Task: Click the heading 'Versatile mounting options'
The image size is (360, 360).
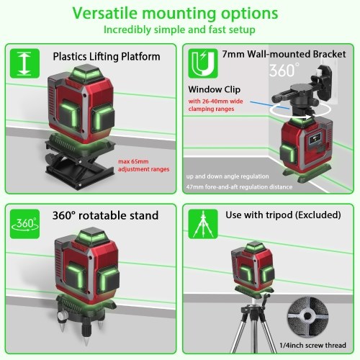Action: click(x=175, y=14)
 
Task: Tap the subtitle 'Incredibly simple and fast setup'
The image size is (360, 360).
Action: click(x=179, y=30)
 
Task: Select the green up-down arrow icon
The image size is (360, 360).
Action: click(x=24, y=63)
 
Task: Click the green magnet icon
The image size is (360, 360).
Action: click(x=203, y=63)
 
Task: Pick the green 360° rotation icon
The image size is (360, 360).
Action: click(x=24, y=224)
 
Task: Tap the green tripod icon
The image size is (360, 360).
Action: click(x=203, y=224)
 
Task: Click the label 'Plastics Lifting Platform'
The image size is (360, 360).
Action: click(x=107, y=57)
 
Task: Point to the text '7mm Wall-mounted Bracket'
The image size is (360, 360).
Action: click(x=284, y=54)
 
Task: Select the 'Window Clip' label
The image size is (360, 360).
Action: click(x=214, y=89)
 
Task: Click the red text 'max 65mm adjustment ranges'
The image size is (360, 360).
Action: click(x=143, y=166)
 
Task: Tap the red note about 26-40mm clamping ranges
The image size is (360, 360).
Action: click(x=215, y=105)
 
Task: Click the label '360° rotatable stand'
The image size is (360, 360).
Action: click(x=105, y=215)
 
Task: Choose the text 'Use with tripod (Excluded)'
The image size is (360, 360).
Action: click(x=283, y=215)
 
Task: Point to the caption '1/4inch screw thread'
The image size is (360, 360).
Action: click(x=312, y=346)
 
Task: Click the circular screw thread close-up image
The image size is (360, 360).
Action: click(x=308, y=316)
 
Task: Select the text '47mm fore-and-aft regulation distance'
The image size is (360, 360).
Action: click(x=239, y=186)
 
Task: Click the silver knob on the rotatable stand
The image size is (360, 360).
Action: click(x=62, y=315)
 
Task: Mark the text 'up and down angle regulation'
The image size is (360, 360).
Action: click(x=228, y=176)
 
